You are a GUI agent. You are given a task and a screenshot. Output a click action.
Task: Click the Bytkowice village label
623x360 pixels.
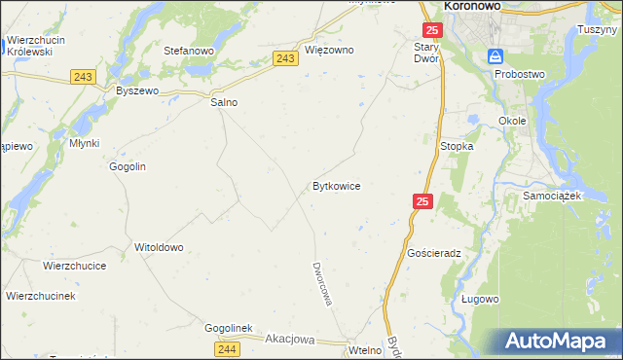coord(337,185)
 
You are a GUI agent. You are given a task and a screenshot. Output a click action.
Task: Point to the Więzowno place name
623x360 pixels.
coord(329,50)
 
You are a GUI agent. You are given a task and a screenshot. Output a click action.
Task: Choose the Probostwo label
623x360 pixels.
coord(520,74)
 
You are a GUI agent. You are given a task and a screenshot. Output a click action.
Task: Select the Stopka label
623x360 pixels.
coord(457,146)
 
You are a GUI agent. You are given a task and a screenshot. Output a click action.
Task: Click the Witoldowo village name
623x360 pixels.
coord(159,247)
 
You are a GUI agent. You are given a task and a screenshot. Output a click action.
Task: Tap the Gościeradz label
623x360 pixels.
coord(434,252)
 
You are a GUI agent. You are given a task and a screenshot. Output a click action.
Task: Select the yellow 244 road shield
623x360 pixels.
coord(227,347)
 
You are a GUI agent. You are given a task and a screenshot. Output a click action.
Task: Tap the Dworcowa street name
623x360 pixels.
coord(322,282)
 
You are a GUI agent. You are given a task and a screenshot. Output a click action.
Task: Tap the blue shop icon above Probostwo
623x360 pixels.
coord(495,56)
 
